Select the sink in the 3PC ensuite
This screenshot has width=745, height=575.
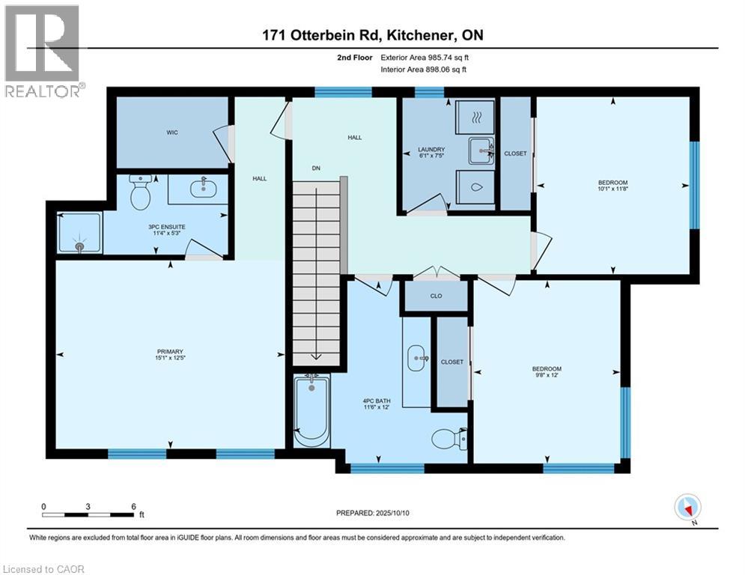pyautogui.click(x=203, y=189)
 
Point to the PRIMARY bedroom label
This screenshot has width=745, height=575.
pyautogui.click(x=170, y=352)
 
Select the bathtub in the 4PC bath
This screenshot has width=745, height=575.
pyautogui.click(x=311, y=412)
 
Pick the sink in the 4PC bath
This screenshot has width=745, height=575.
pyautogui.click(x=416, y=358)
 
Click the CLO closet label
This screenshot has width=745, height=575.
pyautogui.click(x=436, y=296)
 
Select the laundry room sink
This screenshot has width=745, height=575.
pyautogui.click(x=481, y=150)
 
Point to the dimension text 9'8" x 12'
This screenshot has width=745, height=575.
pyautogui.click(x=547, y=376)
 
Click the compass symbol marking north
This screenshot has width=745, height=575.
pyautogui.click(x=687, y=508)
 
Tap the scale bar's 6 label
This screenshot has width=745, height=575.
pyautogui.click(x=133, y=506)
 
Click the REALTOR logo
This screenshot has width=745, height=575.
pyautogui.click(x=43, y=51)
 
